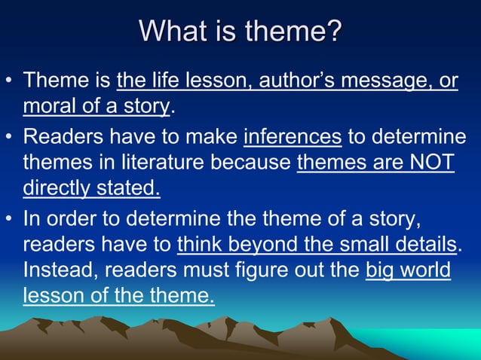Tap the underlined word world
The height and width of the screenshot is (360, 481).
tap(425, 270)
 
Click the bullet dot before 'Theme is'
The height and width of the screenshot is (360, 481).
tap(9, 81)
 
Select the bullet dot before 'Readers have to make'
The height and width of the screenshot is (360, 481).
tap(9, 137)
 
